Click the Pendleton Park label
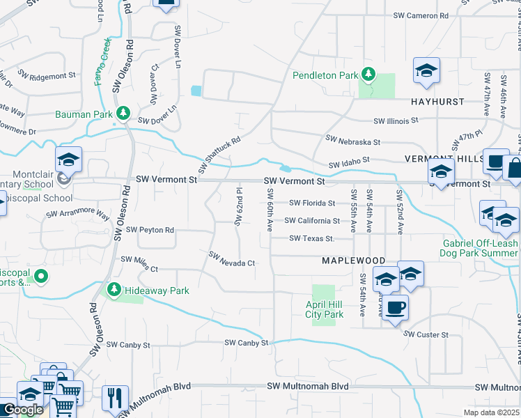click(325, 75)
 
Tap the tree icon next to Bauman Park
click(123, 112)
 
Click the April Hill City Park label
click(325, 309)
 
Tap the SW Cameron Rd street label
click(420, 15)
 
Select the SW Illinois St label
click(396, 120)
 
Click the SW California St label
click(312, 221)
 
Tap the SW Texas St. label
click(312, 239)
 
